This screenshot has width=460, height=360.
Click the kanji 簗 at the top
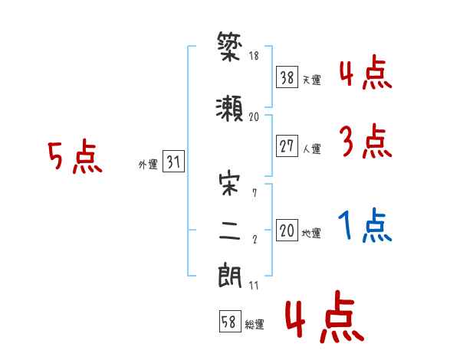[230, 48]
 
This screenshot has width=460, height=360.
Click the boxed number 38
[287, 77]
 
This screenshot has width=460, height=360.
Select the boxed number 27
[287, 147]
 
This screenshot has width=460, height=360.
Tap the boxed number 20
[287, 231]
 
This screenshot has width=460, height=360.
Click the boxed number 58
[229, 322]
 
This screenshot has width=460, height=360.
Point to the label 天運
[311, 80]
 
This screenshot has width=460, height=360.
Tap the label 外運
[148, 165]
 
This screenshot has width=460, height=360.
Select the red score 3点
[366, 142]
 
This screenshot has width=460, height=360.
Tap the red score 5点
[74, 158]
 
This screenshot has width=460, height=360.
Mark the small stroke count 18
[254, 55]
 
